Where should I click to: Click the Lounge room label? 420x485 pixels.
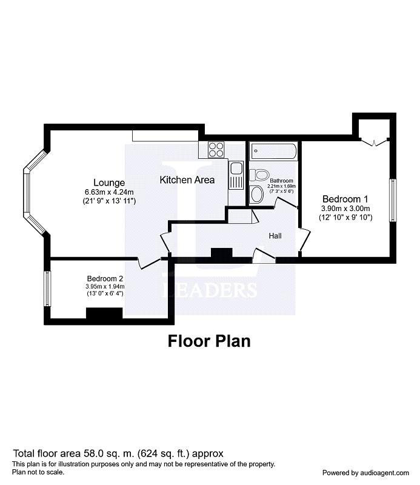click(x=109, y=183)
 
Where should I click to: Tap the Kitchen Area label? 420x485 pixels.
click(x=187, y=179)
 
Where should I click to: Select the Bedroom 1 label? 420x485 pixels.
click(x=345, y=199)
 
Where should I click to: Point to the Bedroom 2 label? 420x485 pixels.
click(x=105, y=279)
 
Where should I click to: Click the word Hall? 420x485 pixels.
click(x=275, y=236)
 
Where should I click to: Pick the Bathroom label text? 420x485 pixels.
click(x=281, y=181)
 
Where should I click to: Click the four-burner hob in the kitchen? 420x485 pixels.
click(x=216, y=149)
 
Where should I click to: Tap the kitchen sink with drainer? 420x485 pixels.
click(x=236, y=175)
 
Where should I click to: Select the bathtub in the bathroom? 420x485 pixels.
click(x=273, y=151)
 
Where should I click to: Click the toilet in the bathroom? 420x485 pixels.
click(x=259, y=175)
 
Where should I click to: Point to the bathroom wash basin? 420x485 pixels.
click(x=256, y=195)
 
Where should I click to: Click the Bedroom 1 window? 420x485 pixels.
click(x=393, y=201)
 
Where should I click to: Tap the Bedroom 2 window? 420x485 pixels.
click(x=47, y=289)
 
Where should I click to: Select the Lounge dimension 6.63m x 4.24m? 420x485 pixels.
click(x=109, y=192)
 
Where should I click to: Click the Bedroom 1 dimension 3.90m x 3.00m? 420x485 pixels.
click(x=345, y=209)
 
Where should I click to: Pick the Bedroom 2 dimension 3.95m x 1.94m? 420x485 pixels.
click(x=105, y=287)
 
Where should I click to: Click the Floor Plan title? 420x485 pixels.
click(x=209, y=341)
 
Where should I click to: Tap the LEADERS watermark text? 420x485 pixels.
click(x=209, y=290)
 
